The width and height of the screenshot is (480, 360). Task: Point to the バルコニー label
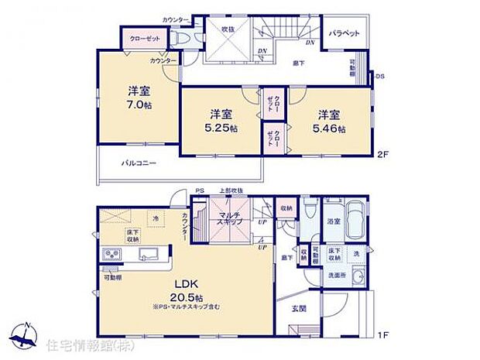coord(139,163)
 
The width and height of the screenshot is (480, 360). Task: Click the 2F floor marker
coord(381,153)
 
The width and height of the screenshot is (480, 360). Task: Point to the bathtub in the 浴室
coord(355,212)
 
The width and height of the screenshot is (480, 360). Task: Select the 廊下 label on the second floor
coord(297,62)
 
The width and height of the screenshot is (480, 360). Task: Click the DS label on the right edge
coord(379,77)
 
